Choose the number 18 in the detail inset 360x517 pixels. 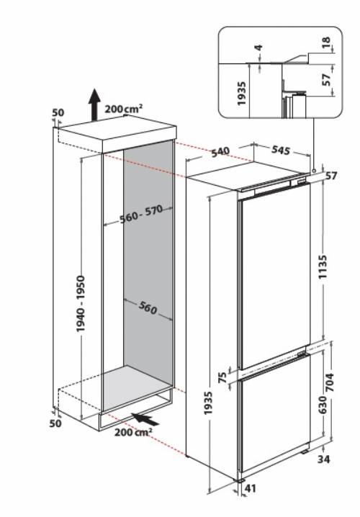(x=327, y=45)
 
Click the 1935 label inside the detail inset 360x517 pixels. (x=241, y=93)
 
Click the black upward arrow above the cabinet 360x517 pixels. (x=93, y=105)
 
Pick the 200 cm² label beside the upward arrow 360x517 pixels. (x=123, y=108)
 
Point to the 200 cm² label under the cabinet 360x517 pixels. (x=132, y=433)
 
